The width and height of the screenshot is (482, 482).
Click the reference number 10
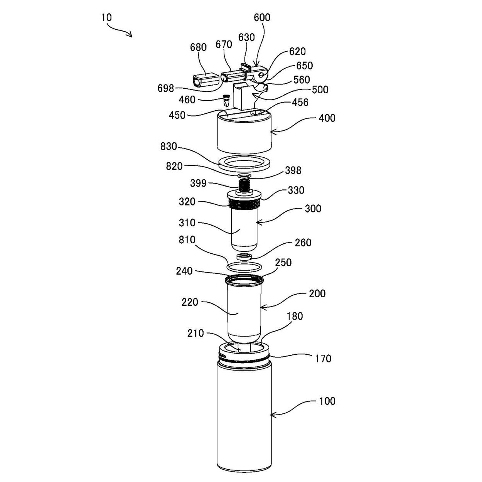pos(106,17)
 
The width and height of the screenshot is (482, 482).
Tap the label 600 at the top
pos(262,17)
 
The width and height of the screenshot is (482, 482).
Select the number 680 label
pos(198,47)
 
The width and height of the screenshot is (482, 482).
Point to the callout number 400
pos(327,118)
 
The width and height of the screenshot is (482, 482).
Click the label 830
pos(169,146)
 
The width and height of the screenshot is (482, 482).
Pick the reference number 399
pos(198,183)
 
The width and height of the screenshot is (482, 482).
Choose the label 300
pos(313,208)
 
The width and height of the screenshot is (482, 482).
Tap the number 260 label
pos(303,243)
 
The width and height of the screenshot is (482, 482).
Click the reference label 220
pos(190,302)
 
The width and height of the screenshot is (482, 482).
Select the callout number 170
pos(323,359)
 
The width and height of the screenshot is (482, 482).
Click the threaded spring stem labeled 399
pos(244,185)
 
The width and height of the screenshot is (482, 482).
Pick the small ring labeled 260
pos(244,256)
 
